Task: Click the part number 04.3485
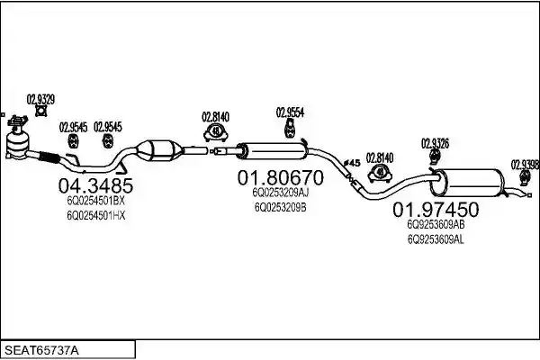pyautogui.click(x=95, y=185)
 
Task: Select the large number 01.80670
pyautogui.click(x=280, y=178)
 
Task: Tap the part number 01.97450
pyautogui.click(x=436, y=210)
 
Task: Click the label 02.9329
pyautogui.click(x=40, y=100)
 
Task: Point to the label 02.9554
pyautogui.click(x=290, y=112)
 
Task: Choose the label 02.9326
pyautogui.click(x=435, y=143)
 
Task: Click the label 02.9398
pyautogui.click(x=526, y=165)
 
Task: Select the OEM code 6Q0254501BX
pyautogui.click(x=95, y=201)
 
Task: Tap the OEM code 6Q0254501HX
pyautogui.click(x=96, y=216)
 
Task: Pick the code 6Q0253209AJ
pyautogui.click(x=280, y=193)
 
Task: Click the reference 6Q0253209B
pyautogui.click(x=280, y=207)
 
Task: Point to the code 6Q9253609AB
pyautogui.click(x=436, y=225)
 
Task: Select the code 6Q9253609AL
pyautogui.click(x=436, y=239)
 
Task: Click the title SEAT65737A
pyautogui.click(x=41, y=351)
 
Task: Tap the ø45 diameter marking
pyautogui.click(x=352, y=163)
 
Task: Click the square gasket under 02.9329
pyautogui.click(x=41, y=112)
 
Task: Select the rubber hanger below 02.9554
pyautogui.click(x=290, y=129)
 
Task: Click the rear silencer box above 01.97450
pyautogui.click(x=467, y=183)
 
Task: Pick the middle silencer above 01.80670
pyautogui.click(x=273, y=151)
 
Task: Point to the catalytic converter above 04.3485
pyautogui.click(x=159, y=150)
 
